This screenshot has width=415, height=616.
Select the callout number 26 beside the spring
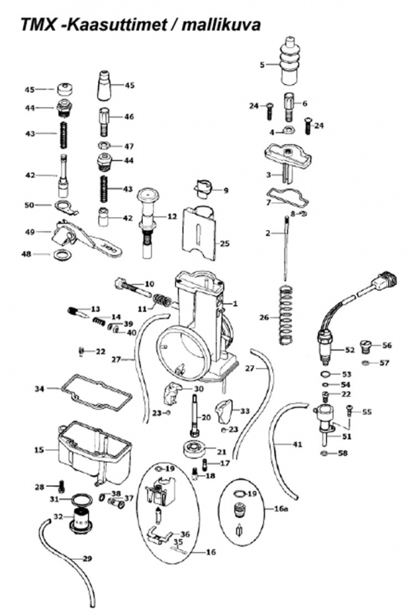tap(265, 317)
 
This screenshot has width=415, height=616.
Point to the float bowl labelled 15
tap(94, 454)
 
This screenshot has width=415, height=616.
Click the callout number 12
tap(173, 216)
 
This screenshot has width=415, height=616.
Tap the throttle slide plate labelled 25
tap(201, 233)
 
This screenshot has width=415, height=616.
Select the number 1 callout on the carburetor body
tap(235, 303)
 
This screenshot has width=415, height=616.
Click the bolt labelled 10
tap(133, 288)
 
